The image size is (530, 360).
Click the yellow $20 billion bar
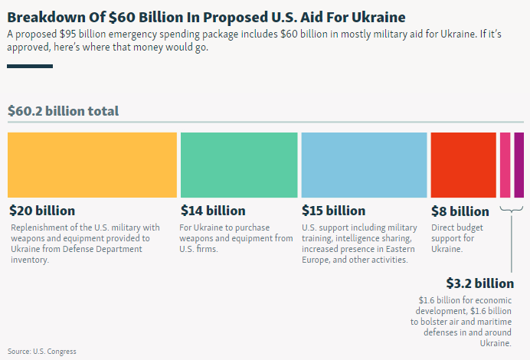click(92, 165)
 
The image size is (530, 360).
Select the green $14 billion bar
click(239, 165)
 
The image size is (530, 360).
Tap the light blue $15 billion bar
click(364, 165)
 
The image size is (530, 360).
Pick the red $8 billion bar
click(463, 165)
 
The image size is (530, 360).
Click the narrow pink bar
click(505, 165)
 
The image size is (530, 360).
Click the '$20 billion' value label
click(42, 211)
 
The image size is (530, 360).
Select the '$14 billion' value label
click(213, 211)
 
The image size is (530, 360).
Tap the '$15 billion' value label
click(333, 211)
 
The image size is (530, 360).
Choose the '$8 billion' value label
click(460, 211)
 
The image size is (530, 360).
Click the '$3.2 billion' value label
click(479, 283)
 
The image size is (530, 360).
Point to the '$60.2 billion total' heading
click(63, 111)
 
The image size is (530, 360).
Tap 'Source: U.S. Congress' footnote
click(42, 352)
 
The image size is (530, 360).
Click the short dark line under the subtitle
click(30, 67)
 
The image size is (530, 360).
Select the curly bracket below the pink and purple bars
click(512, 210)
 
